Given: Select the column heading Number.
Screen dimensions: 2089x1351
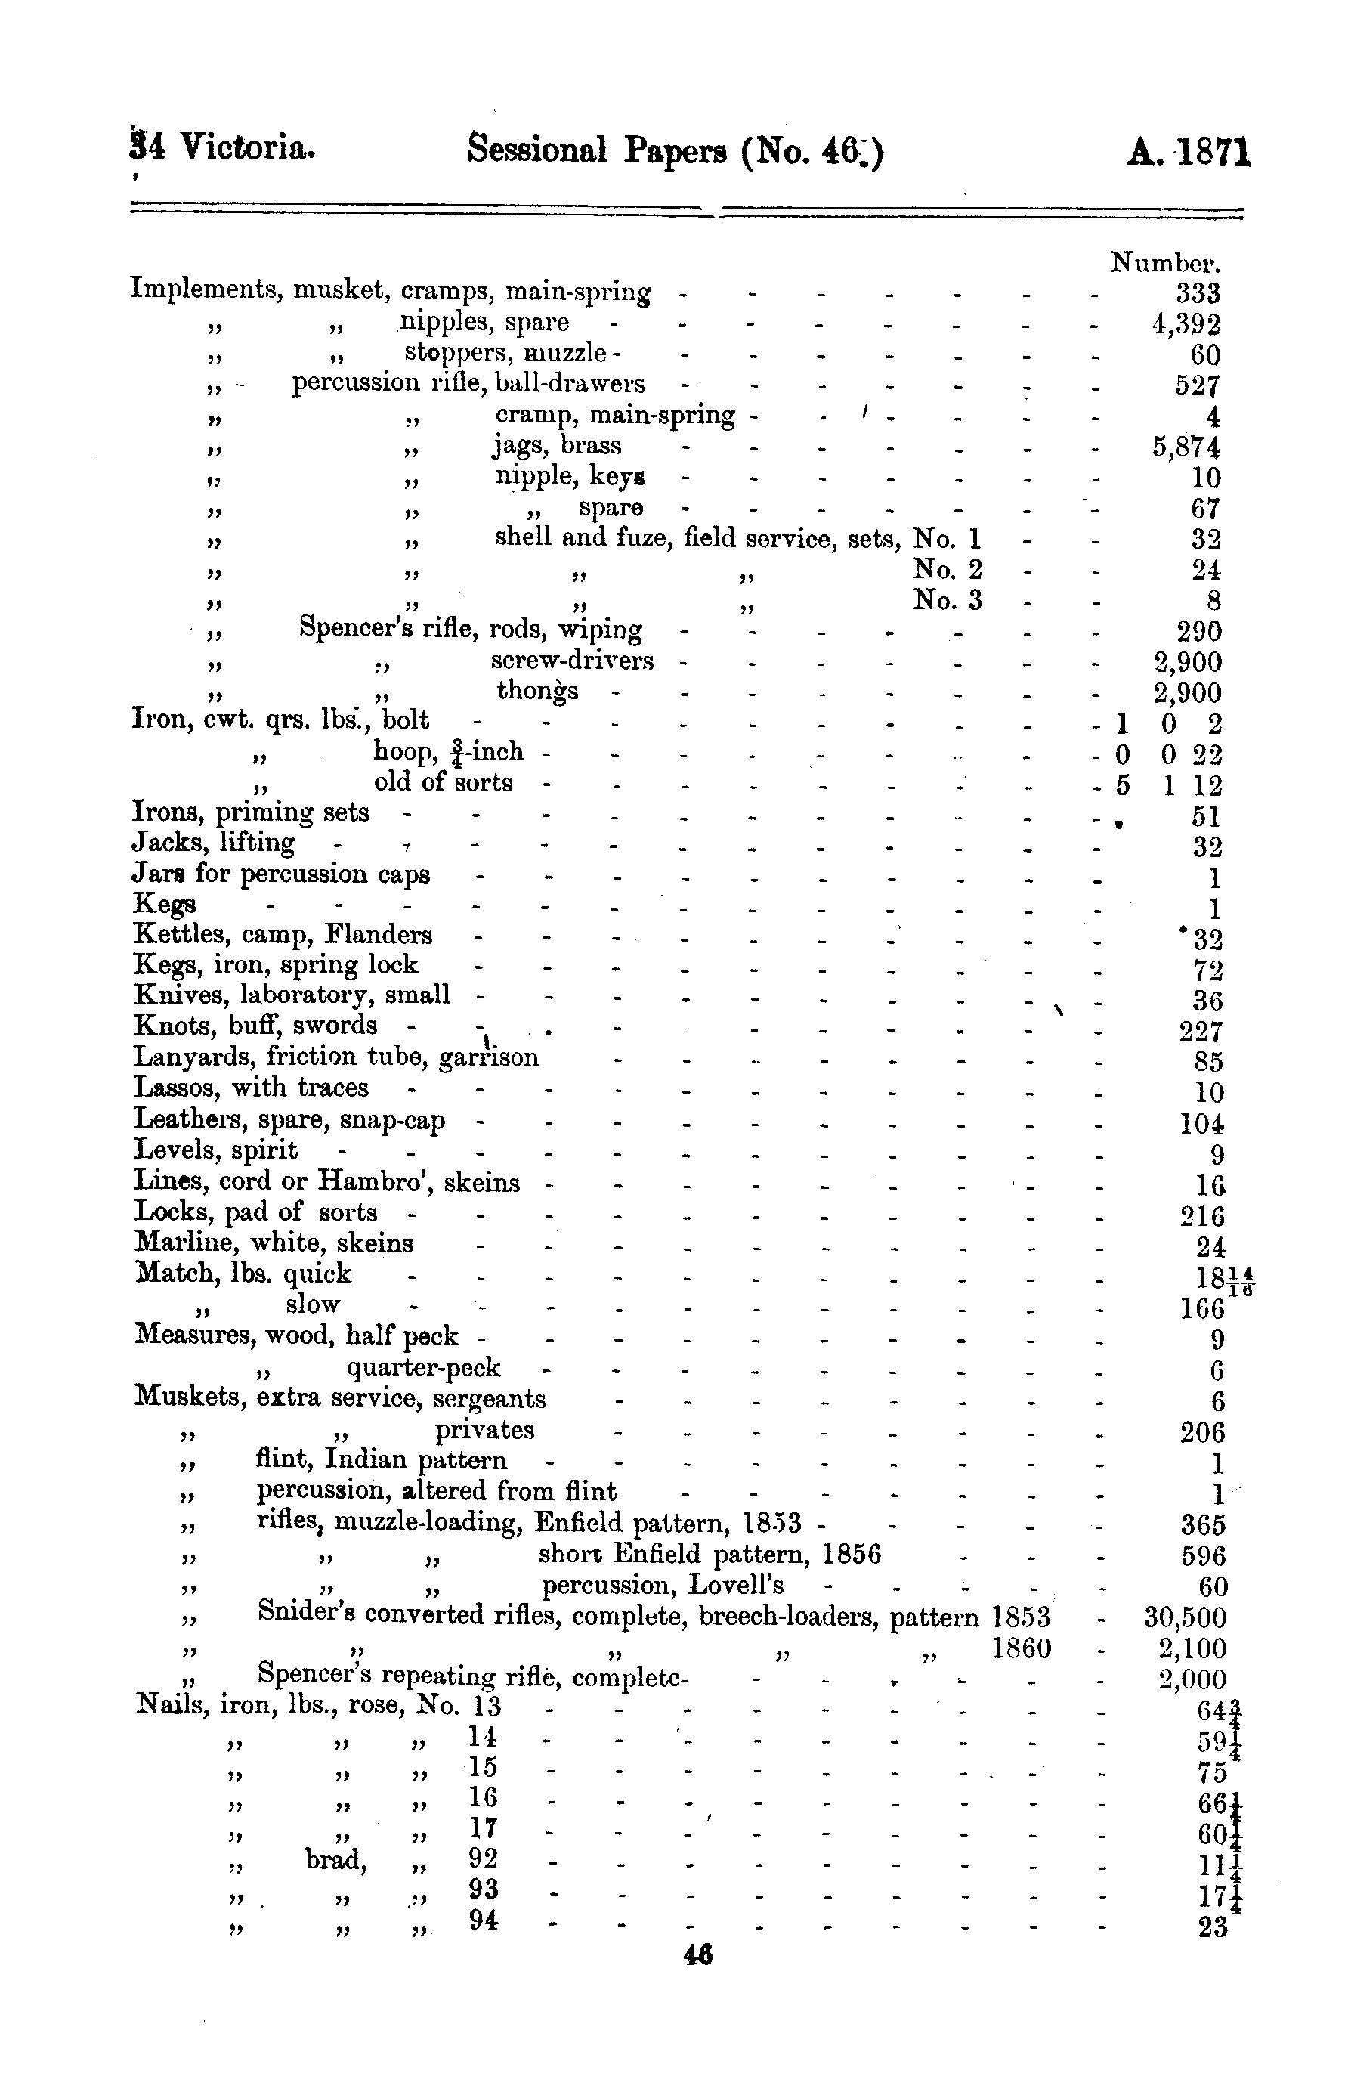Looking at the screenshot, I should coord(1165,262).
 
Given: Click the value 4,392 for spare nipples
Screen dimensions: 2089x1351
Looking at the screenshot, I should coord(1186,326).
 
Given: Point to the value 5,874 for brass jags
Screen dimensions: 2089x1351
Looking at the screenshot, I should coord(1186,448).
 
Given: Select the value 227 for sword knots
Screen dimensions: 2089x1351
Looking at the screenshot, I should coord(1201,1032).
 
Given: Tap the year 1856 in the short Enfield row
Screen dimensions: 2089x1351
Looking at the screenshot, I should coord(852,1554).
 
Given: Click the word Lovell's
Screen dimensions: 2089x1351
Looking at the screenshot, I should coord(736,1586).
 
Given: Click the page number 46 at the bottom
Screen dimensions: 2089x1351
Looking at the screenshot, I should coord(697,1956).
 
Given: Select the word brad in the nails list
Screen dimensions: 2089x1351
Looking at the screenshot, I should coord(336,1859).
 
